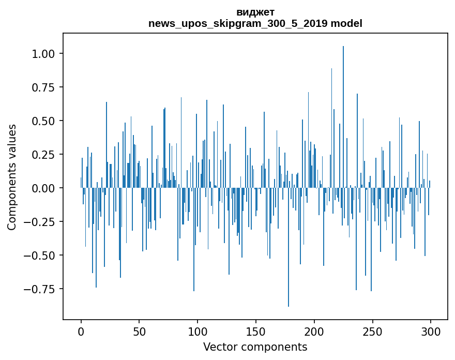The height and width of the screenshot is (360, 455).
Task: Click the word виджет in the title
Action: [255, 12]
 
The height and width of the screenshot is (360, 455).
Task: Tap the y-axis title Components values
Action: [12, 177]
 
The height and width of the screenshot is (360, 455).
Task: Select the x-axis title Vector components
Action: [255, 347]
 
